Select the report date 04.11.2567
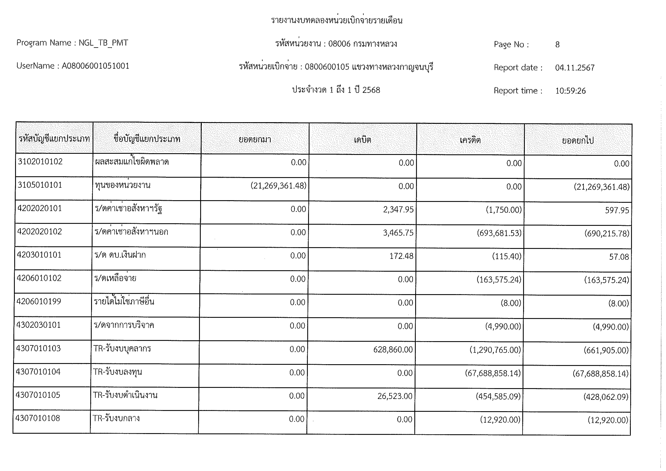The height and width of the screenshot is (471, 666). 575,68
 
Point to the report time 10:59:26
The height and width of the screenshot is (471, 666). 570,91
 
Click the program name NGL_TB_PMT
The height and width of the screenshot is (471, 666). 103,43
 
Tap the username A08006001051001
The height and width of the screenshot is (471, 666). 95,66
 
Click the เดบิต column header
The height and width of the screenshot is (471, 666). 363,140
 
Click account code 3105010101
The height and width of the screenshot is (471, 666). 40,185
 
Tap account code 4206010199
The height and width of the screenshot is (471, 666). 39,301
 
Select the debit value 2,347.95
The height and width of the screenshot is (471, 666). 398,209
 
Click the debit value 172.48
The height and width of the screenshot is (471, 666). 401,256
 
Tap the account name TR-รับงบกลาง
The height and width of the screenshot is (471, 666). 116,418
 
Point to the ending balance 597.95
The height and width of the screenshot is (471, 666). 617,210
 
